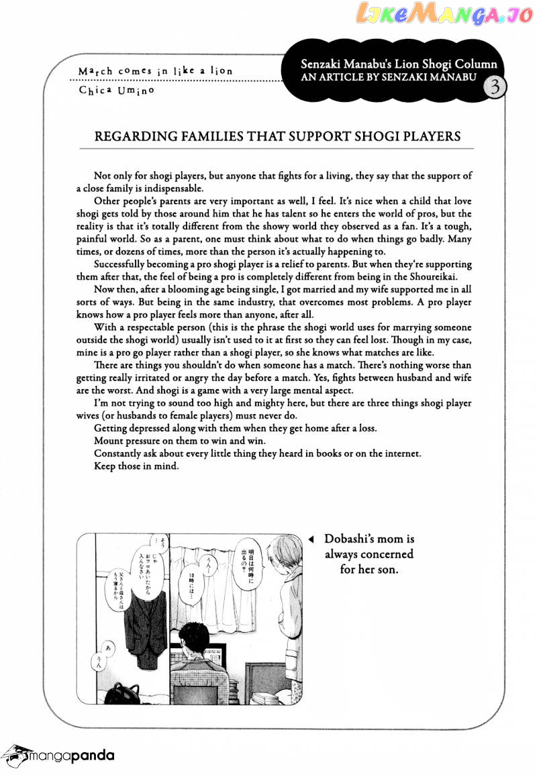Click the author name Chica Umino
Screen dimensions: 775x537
[115, 91]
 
